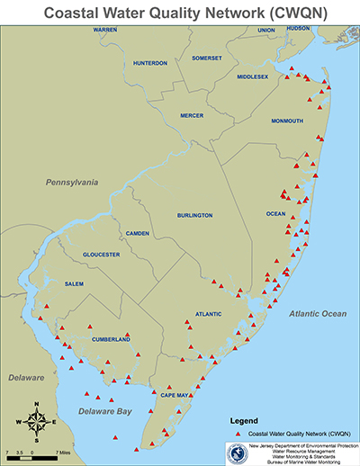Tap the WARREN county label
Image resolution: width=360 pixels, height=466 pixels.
[104, 31]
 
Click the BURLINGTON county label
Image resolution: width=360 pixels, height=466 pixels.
[193, 216]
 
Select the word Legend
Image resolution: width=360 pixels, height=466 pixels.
[245, 420]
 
